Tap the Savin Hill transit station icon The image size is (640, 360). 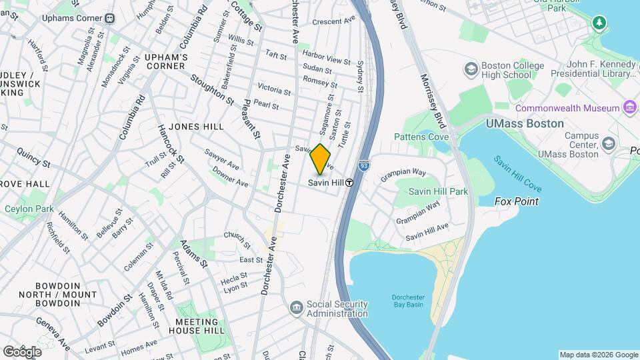coord(349,183)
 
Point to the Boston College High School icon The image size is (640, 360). coord(471,69)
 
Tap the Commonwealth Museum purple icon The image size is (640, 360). coord(629,107)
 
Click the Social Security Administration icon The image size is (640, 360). coord(297,307)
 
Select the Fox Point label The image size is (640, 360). coord(516,201)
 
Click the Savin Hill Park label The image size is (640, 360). coord(438,191)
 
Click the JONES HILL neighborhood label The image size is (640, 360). coord(196,126)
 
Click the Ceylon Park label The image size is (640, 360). coord(29,209)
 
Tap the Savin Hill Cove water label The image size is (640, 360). coord(517,173)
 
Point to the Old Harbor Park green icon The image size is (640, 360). coord(599,23)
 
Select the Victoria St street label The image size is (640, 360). coord(274,89)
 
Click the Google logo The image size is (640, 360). coord(22,351)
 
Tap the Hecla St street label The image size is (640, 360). coord(235,275)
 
